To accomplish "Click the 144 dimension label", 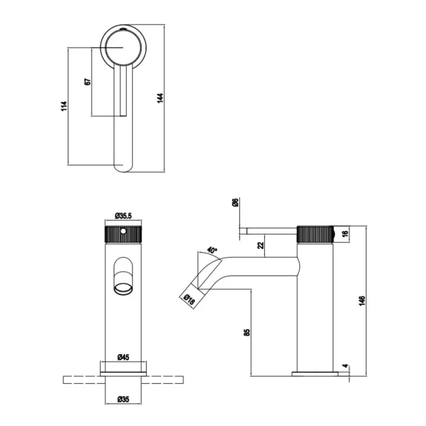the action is pyautogui.click(x=161, y=98).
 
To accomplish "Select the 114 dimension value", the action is pyautogui.click(x=64, y=106).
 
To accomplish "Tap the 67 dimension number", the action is pyautogui.click(x=87, y=82).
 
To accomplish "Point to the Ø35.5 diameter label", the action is pyautogui.click(x=123, y=216).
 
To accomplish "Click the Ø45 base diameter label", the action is pyautogui.click(x=123, y=357).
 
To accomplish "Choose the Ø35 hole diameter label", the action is pyautogui.click(x=123, y=400).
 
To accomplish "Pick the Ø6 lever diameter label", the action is pyautogui.click(x=235, y=202).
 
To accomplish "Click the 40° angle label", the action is pyautogui.click(x=212, y=250).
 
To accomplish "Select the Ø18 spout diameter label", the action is pyautogui.click(x=189, y=299).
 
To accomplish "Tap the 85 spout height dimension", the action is pyautogui.click(x=247, y=332).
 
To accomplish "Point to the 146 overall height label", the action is pyautogui.click(x=362, y=301).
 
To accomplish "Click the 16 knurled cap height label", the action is pyautogui.click(x=345, y=234).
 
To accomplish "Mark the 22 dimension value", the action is pyautogui.click(x=261, y=245).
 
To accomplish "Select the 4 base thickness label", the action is pyautogui.click(x=345, y=366).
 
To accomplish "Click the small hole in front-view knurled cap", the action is pyautogui.click(x=123, y=231).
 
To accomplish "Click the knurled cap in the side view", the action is pyautogui.click(x=315, y=234).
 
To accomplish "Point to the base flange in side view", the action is pyautogui.click(x=315, y=374).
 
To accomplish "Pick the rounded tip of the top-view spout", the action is pyautogui.click(x=124, y=168).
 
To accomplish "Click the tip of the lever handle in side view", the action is pyautogui.click(x=243, y=231).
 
